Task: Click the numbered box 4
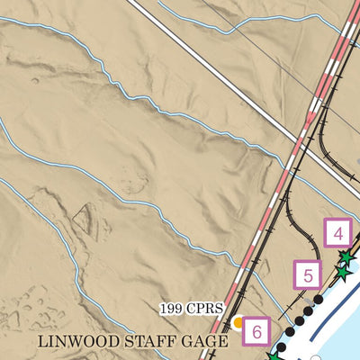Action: [337, 235]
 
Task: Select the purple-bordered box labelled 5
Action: [308, 274]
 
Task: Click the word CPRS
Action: [204, 309]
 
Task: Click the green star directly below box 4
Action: [344, 257]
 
